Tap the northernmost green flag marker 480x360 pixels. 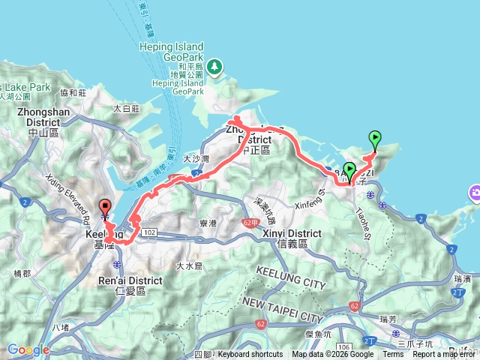375,138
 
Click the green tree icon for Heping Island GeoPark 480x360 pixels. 216,67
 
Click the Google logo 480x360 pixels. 28,349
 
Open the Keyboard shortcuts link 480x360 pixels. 250,355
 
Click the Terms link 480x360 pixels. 393,355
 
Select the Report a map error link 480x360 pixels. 444,355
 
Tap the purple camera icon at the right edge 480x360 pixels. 475,193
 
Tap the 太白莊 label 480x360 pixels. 127,109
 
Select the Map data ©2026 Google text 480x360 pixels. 332,355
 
